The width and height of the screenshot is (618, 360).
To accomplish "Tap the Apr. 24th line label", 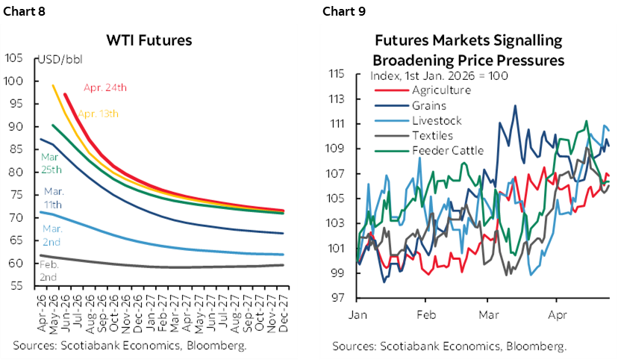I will tap(104, 87).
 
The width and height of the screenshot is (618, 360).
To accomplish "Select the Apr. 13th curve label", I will tap(98, 114).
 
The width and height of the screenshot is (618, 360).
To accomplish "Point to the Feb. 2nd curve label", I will tap(48, 270).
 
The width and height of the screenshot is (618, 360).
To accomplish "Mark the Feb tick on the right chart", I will tap(425, 314).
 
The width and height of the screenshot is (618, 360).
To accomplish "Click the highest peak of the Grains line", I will tap(514, 106).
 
